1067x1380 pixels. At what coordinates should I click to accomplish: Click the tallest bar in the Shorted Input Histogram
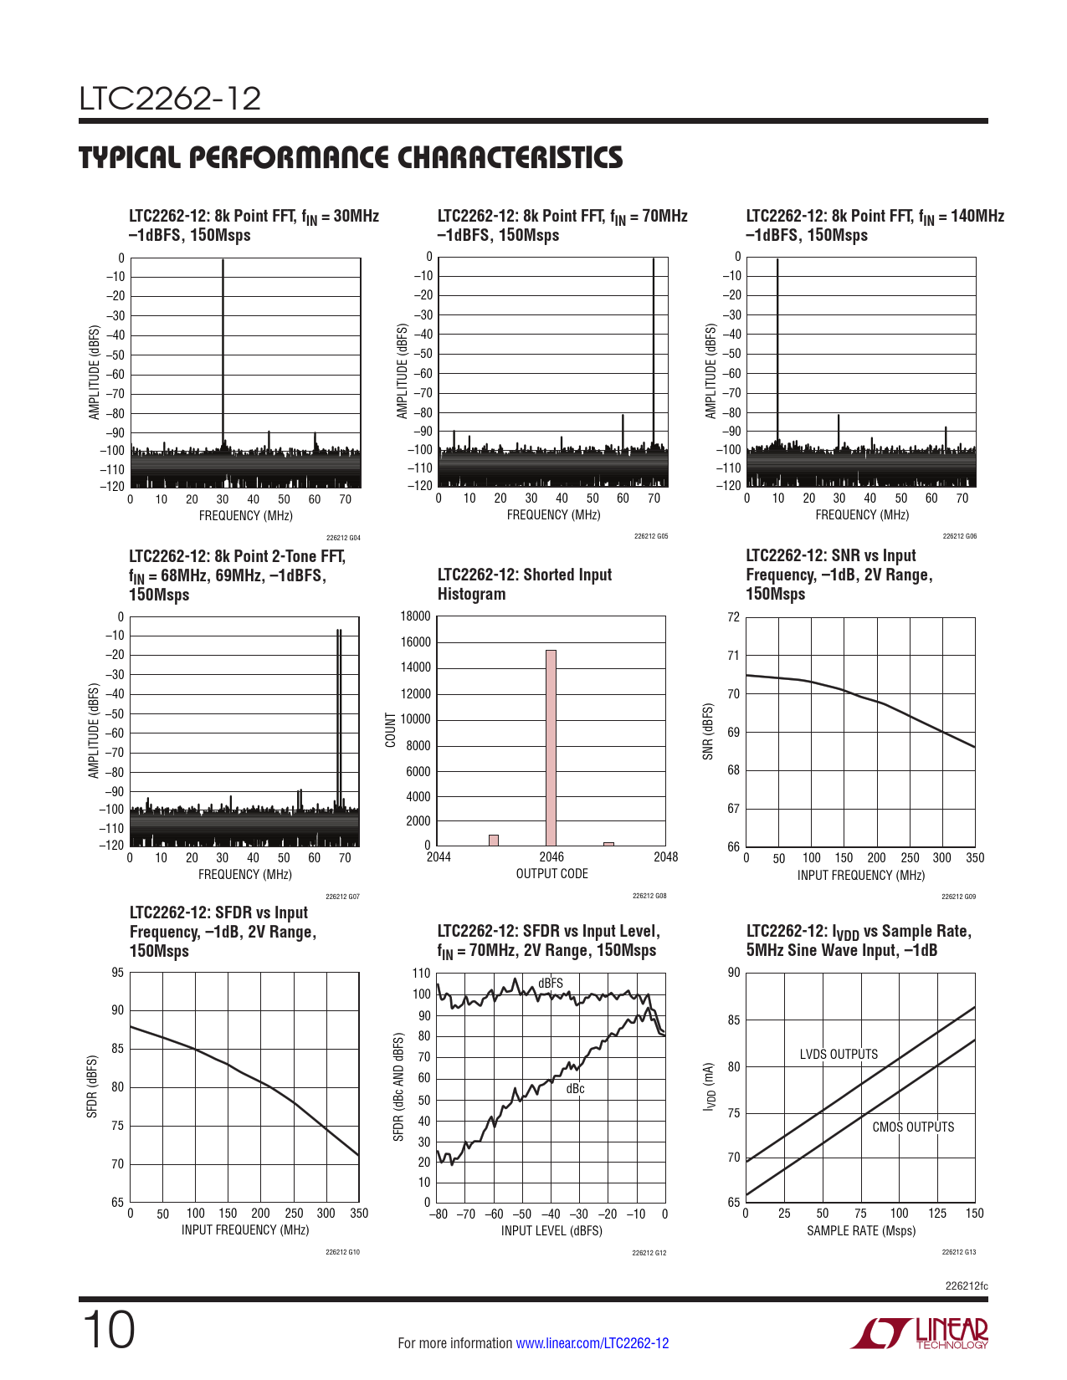(551, 748)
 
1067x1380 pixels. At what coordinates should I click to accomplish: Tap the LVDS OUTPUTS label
(839, 1055)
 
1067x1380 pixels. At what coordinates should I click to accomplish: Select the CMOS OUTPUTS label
(913, 1127)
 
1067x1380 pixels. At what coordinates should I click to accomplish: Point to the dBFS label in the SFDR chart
(551, 984)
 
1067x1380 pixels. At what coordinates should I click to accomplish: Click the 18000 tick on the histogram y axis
(416, 616)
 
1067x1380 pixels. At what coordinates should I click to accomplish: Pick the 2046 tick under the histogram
(551, 857)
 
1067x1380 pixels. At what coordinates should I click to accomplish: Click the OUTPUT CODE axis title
(551, 874)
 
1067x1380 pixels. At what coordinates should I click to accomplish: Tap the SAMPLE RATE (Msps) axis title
(861, 1231)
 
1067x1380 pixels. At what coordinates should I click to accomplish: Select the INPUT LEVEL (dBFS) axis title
(551, 1231)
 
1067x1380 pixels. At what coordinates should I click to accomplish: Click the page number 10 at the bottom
(109, 1331)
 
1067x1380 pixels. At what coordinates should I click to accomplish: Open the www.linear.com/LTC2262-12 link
(592, 1344)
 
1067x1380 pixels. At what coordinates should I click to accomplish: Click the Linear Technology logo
(920, 1334)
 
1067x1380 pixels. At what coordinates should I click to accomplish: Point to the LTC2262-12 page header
(171, 99)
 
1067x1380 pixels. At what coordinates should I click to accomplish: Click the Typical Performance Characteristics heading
(351, 158)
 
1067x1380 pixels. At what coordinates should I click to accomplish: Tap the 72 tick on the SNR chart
(734, 618)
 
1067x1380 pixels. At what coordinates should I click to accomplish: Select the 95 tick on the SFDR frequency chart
(118, 973)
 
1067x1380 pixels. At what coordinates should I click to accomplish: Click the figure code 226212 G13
(958, 1252)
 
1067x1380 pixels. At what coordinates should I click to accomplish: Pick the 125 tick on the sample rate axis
(937, 1214)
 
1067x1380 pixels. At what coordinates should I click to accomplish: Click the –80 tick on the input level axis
(439, 1214)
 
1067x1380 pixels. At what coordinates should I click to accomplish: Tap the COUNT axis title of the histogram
(390, 730)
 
